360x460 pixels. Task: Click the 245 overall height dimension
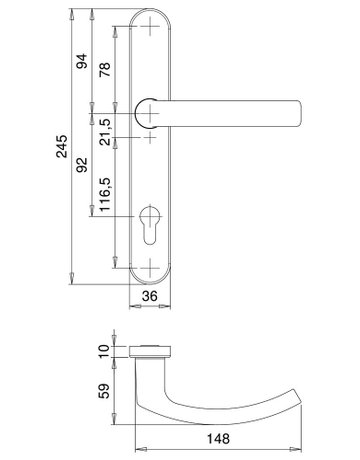(62, 146)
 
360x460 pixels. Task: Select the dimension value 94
(82, 61)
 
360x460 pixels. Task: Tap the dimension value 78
(105, 69)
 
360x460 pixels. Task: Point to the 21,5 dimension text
(106, 132)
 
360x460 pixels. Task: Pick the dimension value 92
(82, 165)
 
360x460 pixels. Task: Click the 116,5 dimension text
(105, 194)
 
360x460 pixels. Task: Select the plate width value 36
(150, 295)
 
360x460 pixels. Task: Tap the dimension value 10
(104, 351)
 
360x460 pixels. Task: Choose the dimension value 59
(104, 391)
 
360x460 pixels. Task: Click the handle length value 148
(218, 438)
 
